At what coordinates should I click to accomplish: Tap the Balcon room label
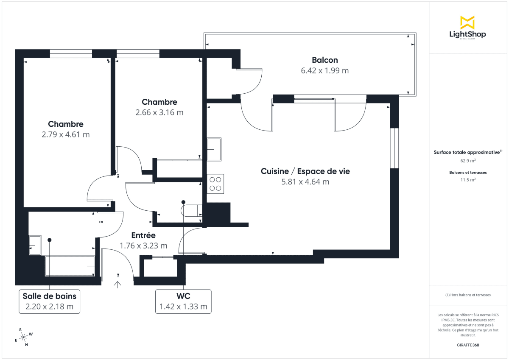pyautogui.click(x=324, y=60)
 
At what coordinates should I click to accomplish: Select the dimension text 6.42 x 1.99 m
pyautogui.click(x=324, y=71)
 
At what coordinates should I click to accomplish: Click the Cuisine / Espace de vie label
pyautogui.click(x=305, y=171)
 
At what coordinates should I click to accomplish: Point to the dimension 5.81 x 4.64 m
pyautogui.click(x=305, y=182)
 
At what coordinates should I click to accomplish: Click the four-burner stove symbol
pyautogui.click(x=215, y=184)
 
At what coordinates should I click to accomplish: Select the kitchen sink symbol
pyautogui.click(x=214, y=149)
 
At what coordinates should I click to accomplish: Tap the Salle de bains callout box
pyautogui.click(x=50, y=301)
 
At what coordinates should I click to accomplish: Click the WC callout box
pyautogui.click(x=183, y=301)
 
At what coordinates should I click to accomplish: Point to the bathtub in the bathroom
pyautogui.click(x=70, y=266)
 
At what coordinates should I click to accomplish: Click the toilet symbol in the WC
pyautogui.click(x=191, y=210)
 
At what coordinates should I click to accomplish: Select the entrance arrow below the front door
pyautogui.click(x=117, y=284)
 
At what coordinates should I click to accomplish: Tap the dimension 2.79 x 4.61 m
pyautogui.click(x=66, y=135)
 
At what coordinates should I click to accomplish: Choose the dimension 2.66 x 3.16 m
pyautogui.click(x=159, y=113)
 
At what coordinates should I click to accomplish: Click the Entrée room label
pyautogui.click(x=143, y=235)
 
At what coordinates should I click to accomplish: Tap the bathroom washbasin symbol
pyautogui.click(x=34, y=245)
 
